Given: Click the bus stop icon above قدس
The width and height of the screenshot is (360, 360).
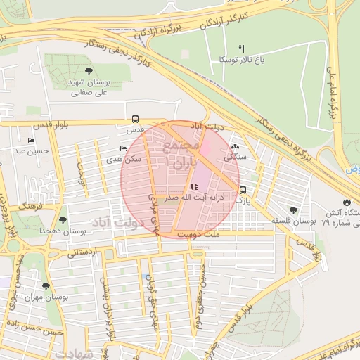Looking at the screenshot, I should [135, 119].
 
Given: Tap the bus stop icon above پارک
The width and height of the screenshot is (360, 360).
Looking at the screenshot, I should [243, 190].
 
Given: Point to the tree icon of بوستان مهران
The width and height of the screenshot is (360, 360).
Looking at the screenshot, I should [46, 286].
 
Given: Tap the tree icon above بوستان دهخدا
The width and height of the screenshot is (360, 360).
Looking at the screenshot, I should [63, 220].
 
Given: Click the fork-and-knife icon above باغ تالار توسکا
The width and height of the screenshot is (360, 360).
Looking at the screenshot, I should [240, 49].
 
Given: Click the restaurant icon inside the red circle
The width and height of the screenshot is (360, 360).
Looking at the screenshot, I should [194, 186].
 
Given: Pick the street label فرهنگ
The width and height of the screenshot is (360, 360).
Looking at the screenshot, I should [31, 207].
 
